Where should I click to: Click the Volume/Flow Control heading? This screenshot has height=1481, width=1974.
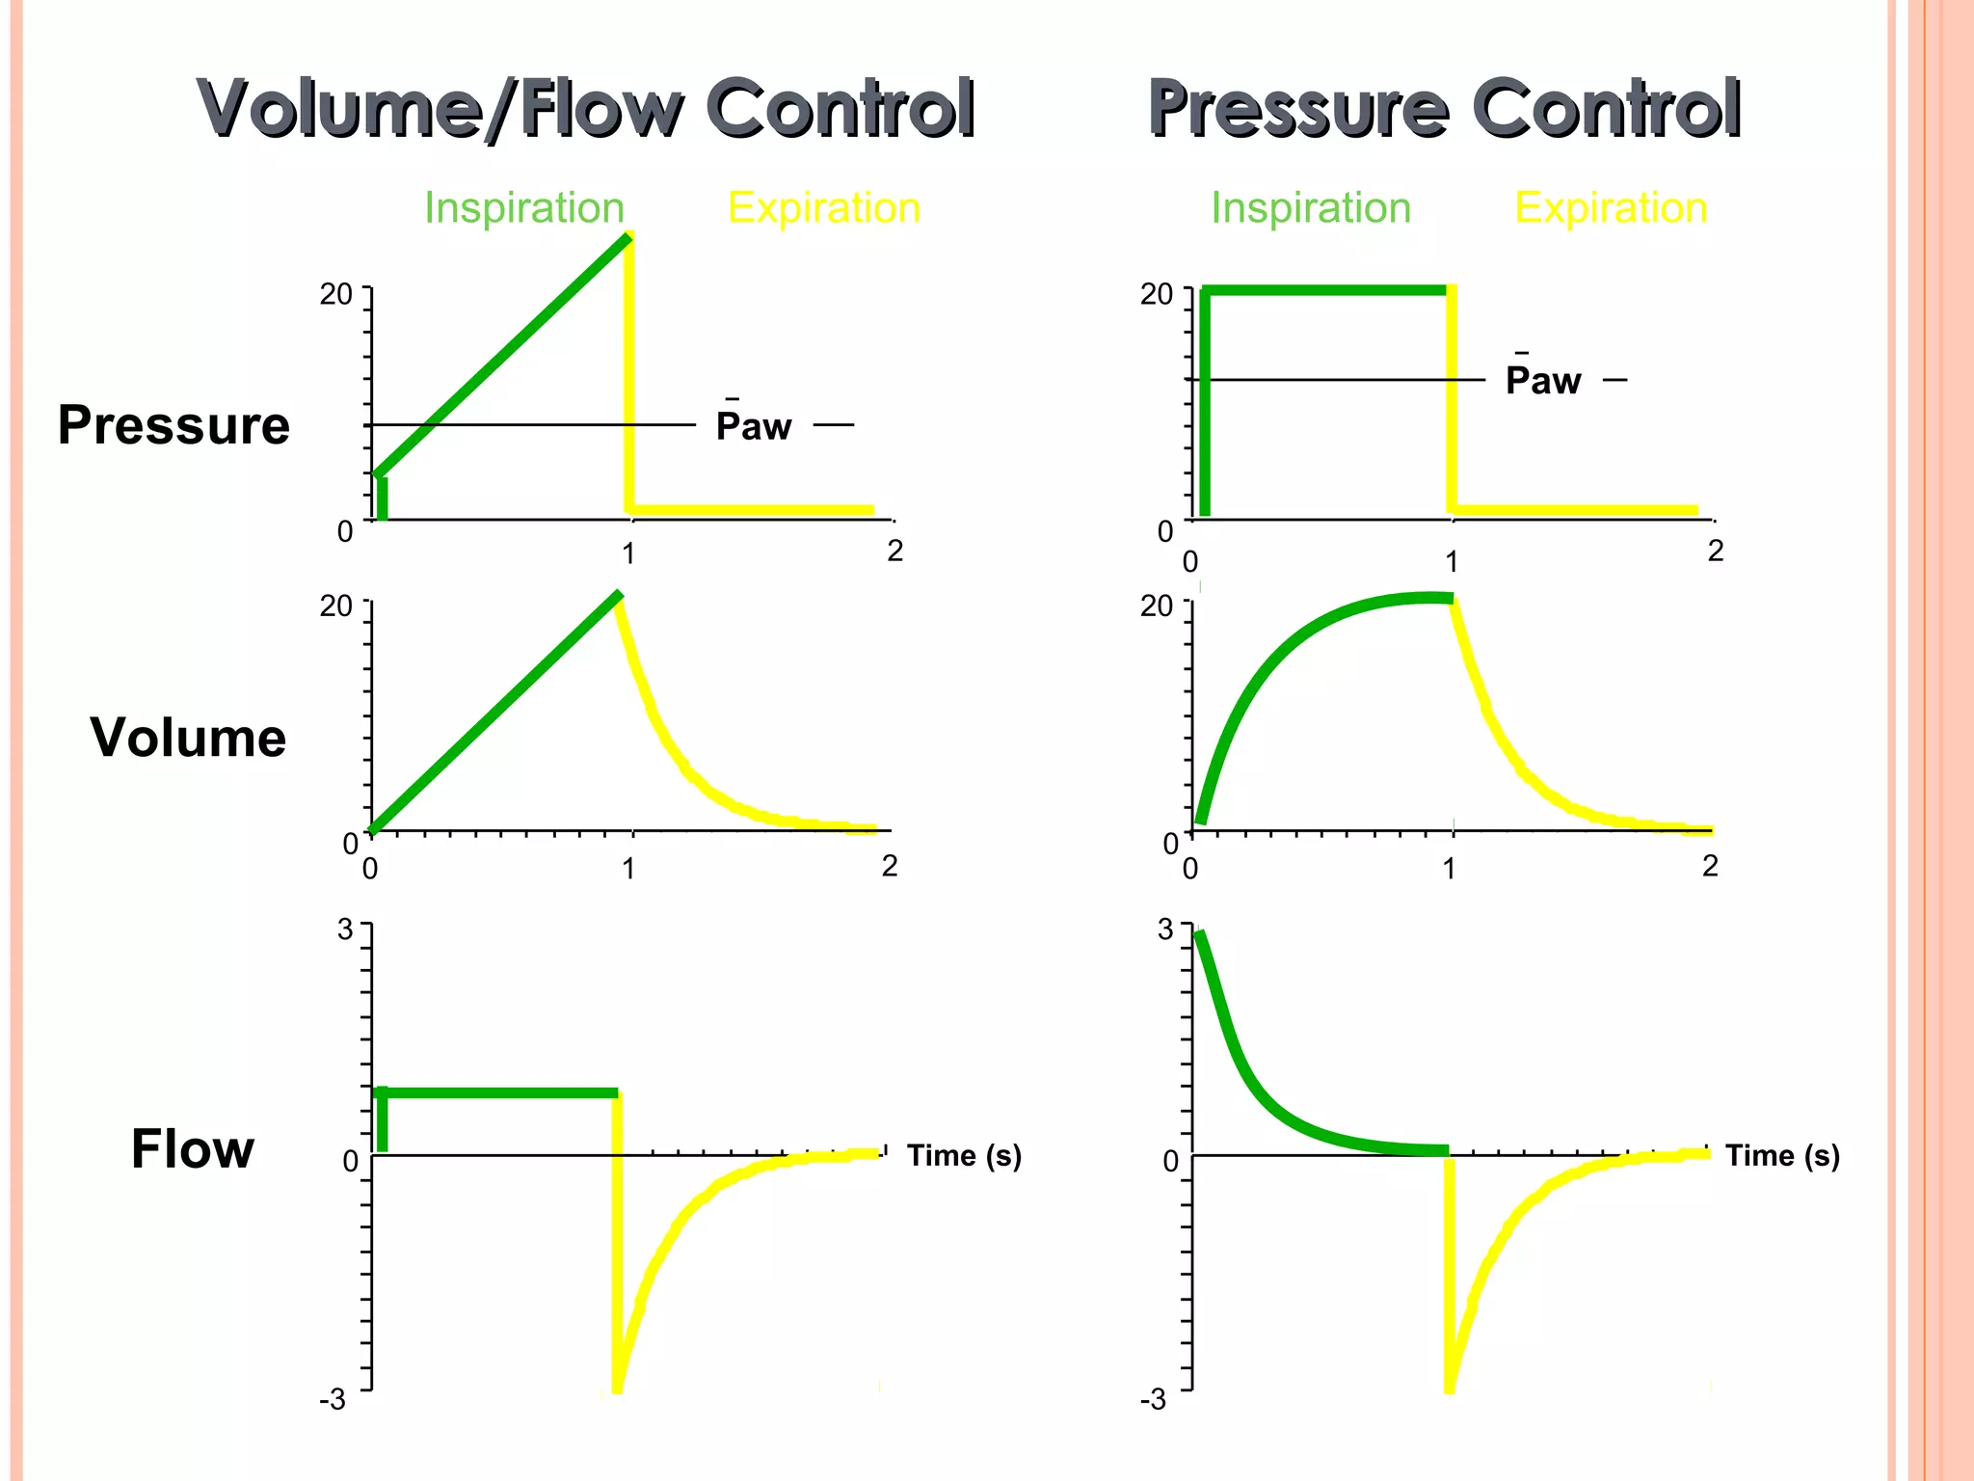586,108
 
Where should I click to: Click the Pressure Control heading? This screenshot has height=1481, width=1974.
1444,108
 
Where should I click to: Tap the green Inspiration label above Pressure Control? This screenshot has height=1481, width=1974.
1311,208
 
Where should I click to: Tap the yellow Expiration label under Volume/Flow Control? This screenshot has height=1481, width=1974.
824,208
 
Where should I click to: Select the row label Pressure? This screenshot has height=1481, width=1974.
173,425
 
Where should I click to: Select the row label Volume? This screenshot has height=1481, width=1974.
188,738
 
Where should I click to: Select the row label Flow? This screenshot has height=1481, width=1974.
193,1149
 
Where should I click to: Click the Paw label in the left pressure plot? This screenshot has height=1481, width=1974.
754,426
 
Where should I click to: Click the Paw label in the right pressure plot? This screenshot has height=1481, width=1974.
1543,381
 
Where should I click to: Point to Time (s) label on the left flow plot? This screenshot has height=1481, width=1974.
964,1155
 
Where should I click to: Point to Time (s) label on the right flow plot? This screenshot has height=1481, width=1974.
1782,1155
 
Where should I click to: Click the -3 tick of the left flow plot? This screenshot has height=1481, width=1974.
333,1398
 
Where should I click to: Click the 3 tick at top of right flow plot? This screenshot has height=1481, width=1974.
1165,929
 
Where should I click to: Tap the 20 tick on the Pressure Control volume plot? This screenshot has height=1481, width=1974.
1156,606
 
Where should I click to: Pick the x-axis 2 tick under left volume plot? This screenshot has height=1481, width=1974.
890,866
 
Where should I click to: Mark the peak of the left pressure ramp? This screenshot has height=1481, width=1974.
627,237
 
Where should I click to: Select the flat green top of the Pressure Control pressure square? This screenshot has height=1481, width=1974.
1325,289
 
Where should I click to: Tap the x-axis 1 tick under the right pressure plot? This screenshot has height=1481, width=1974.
1452,561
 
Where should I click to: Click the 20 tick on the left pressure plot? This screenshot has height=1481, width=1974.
335,294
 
